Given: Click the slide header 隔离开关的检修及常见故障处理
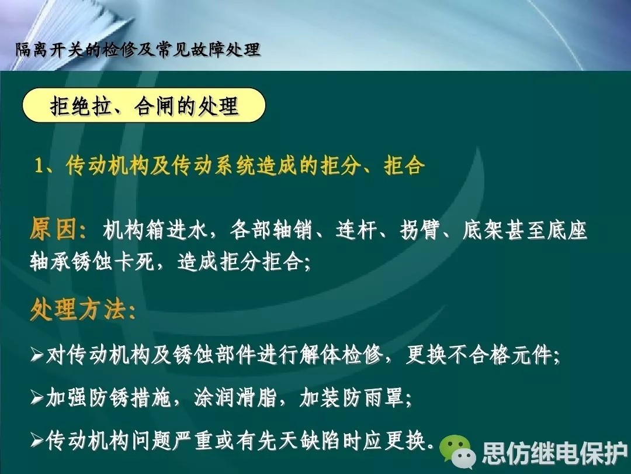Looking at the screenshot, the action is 138,50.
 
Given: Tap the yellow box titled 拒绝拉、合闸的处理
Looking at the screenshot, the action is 144,105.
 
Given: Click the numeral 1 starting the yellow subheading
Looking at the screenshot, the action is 39,166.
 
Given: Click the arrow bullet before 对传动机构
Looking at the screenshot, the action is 37,356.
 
